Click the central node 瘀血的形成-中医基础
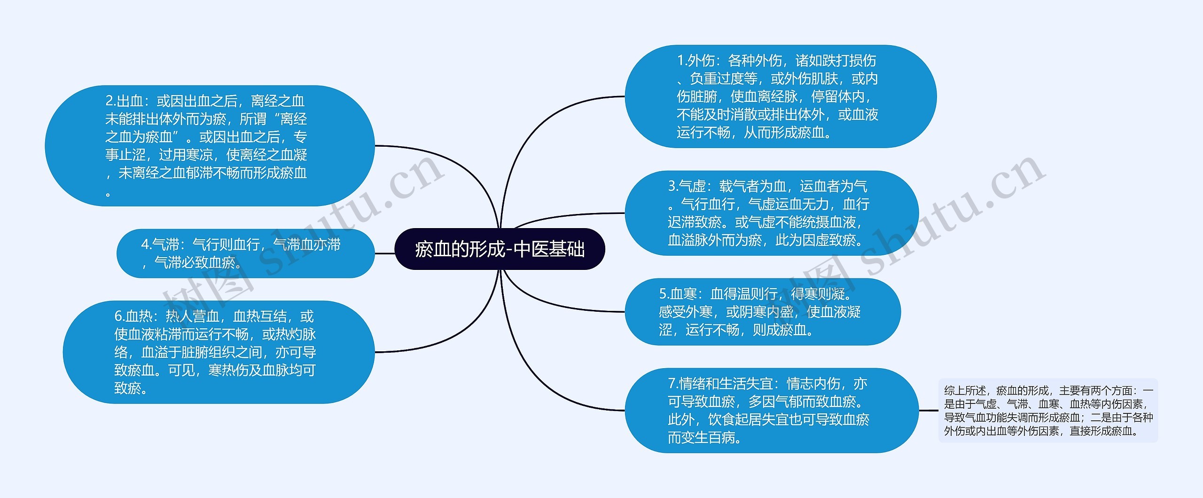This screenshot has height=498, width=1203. click(500, 249)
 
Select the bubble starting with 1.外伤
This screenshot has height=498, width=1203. click(780, 96)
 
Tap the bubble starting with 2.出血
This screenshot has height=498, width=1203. click(210, 146)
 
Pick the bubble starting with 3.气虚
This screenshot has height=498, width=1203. click(771, 213)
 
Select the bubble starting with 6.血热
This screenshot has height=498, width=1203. click(219, 352)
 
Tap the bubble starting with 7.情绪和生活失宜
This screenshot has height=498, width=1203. click(771, 411)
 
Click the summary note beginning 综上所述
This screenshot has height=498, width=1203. click(1048, 411)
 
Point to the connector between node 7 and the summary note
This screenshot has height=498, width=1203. click(929, 411)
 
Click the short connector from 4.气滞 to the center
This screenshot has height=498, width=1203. click(385, 253)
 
